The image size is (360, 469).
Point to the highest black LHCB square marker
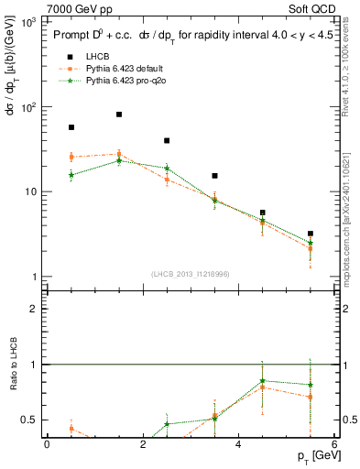point(119,115)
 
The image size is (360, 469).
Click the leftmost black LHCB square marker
point(71,127)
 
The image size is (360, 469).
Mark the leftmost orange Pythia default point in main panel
point(71,157)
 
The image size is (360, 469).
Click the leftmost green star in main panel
point(71,175)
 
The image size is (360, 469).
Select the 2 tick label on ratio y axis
point(34,309)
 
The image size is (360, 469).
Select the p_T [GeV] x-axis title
point(314,456)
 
